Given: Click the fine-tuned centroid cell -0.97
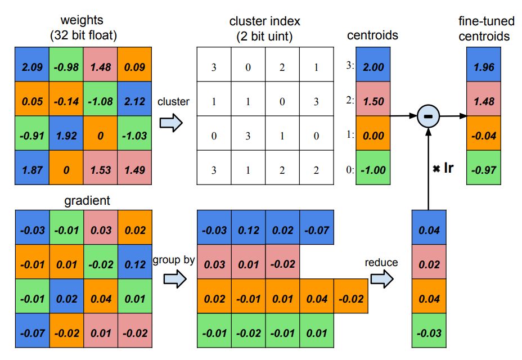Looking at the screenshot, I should (x=484, y=169).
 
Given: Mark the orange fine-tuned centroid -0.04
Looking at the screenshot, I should (x=484, y=134).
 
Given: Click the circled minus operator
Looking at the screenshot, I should (x=429, y=116).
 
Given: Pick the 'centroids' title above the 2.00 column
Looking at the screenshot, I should (x=373, y=35).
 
